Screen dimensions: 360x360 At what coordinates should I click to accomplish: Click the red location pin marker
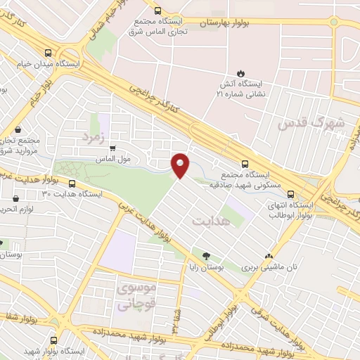181,165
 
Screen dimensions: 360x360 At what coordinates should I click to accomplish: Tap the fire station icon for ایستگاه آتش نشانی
241,72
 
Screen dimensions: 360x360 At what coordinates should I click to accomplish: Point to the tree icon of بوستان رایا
207,257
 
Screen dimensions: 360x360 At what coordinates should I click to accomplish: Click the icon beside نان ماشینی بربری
268,257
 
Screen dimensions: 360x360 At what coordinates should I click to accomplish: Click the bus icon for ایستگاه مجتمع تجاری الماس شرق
157,10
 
